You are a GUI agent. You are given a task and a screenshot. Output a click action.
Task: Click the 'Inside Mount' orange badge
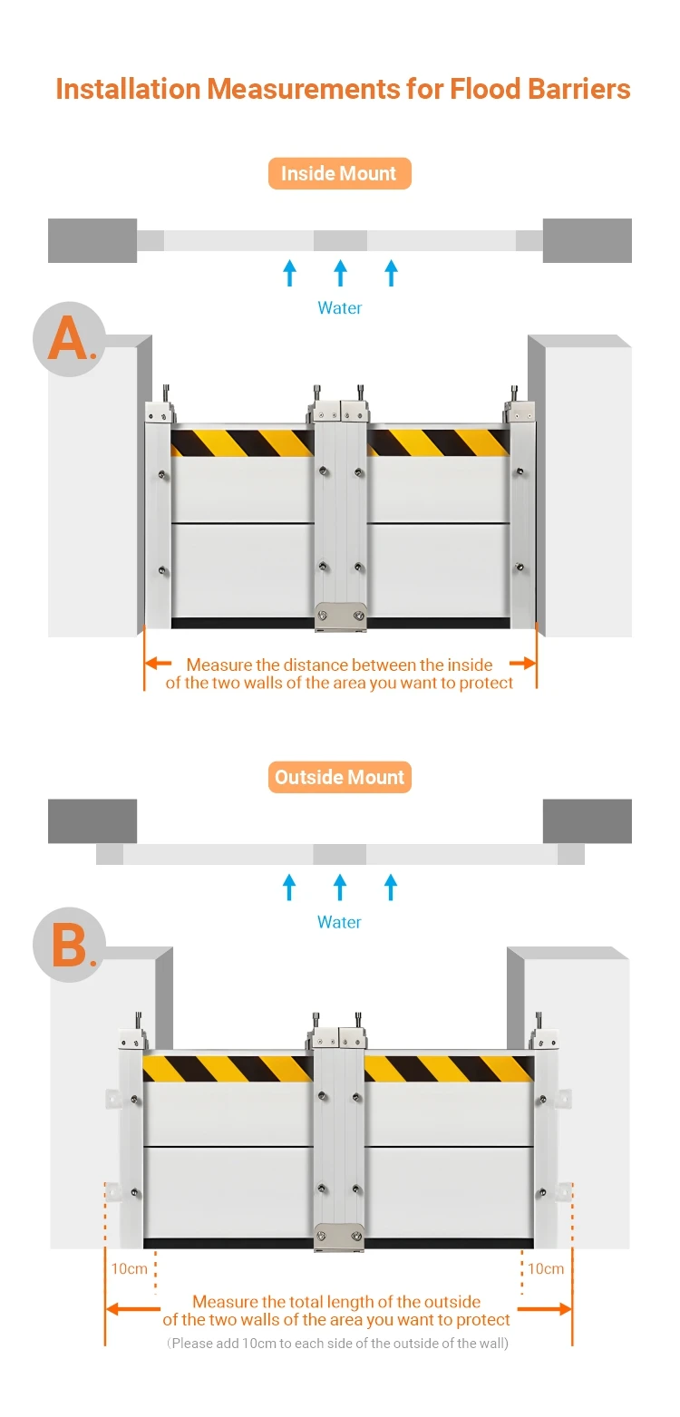tap(340, 173)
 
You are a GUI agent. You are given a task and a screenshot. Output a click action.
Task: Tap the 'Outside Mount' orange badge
tap(340, 777)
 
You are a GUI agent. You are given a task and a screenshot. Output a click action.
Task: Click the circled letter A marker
tap(70, 339)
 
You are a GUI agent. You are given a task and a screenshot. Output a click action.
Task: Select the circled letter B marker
tap(70, 945)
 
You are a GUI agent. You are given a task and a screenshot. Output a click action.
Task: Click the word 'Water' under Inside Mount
tap(340, 308)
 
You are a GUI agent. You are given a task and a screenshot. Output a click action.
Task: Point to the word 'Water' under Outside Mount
tap(339, 922)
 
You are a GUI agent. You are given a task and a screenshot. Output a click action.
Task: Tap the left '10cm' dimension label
tap(129, 1268)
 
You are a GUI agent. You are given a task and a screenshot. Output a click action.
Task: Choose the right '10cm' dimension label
tap(545, 1268)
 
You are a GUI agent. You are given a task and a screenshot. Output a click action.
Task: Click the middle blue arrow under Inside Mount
tap(340, 273)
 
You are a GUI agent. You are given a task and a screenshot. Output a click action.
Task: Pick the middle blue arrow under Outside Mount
tap(340, 887)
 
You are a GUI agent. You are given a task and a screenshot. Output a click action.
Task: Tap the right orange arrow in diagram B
tap(545, 1309)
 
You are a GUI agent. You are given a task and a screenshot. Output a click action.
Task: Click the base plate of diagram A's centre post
tap(340, 616)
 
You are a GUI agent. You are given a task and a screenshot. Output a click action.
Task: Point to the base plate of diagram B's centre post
tap(340, 1237)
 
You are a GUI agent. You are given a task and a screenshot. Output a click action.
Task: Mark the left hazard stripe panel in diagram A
tap(242, 442)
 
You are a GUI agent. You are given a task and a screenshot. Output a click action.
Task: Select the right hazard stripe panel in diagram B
tap(449, 1069)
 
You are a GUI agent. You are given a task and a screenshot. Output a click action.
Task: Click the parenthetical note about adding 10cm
tap(338, 1343)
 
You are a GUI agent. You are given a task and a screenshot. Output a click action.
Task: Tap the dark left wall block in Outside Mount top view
tap(92, 821)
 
